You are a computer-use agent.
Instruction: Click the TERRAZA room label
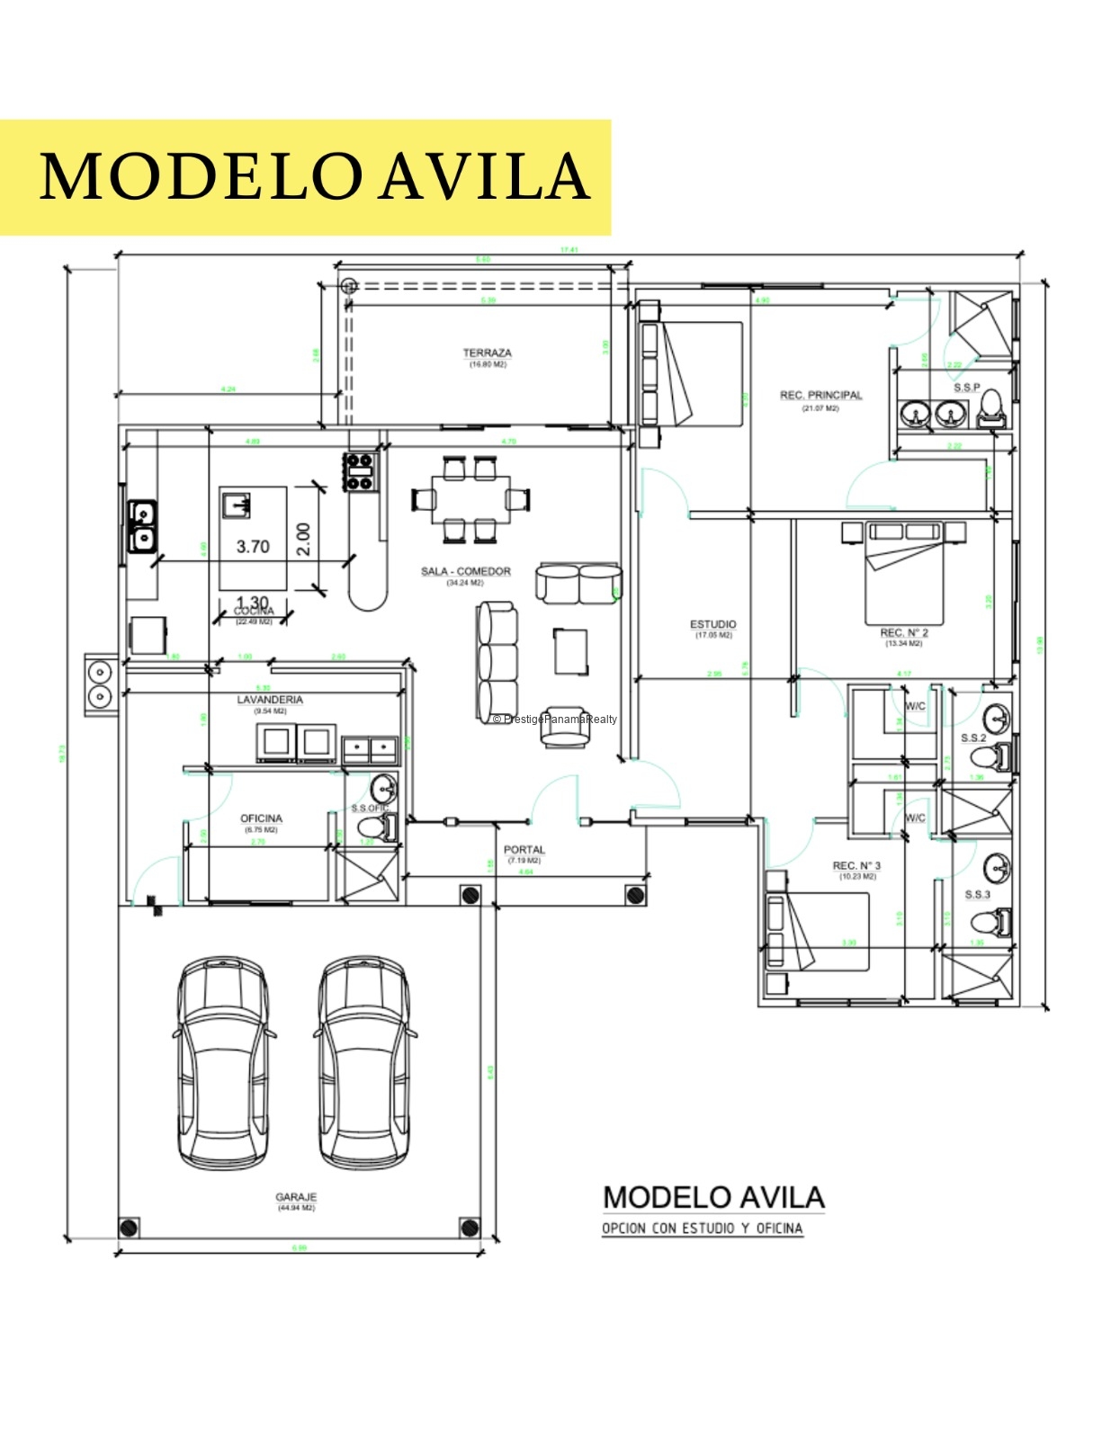pyautogui.click(x=487, y=353)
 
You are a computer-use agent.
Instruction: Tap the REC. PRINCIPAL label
pyautogui.click(x=820, y=396)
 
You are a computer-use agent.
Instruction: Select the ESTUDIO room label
pyautogui.click(x=712, y=624)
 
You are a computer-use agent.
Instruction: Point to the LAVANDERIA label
pyautogui.click(x=270, y=700)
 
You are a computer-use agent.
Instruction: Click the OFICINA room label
pyautogui.click(x=261, y=818)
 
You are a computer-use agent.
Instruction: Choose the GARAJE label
pyautogui.click(x=296, y=1198)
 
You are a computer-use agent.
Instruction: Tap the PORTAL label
pyautogui.click(x=524, y=850)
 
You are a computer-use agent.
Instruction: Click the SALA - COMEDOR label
pyautogui.click(x=465, y=572)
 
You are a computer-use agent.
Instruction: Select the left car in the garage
pyautogui.click(x=222, y=1063)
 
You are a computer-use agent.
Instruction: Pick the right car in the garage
pyautogui.click(x=364, y=1063)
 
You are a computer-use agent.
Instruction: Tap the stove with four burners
pyautogui.click(x=360, y=471)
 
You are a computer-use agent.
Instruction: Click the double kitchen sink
pyautogui.click(x=142, y=526)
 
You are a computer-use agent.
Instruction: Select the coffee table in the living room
pyautogui.click(x=571, y=651)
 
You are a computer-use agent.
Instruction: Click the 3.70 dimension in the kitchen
pyautogui.click(x=253, y=547)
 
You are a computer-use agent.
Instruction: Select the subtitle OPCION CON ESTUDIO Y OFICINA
pyautogui.click(x=702, y=1229)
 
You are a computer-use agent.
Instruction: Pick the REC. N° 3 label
pyautogui.click(x=856, y=866)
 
